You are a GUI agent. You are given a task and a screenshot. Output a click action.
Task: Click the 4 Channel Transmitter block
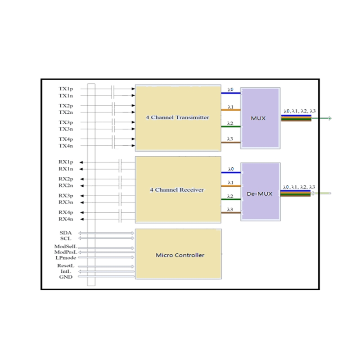[178, 118]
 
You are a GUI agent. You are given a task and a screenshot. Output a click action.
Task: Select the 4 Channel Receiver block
[178, 189]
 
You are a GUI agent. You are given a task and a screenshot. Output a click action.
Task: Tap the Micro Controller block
[178, 255]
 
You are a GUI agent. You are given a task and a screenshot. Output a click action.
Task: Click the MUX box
[260, 118]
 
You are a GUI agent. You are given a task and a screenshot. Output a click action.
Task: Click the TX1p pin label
[65, 89]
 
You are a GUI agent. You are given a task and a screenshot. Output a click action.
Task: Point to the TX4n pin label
[65, 146]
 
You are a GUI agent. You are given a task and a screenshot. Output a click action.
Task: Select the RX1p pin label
[65, 162]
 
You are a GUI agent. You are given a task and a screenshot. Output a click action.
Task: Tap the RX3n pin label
[65, 202]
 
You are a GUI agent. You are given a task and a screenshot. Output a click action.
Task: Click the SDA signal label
[66, 233]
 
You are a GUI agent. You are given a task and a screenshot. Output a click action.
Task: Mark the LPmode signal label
[66, 258]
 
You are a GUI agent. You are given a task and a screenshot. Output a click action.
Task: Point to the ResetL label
[65, 266]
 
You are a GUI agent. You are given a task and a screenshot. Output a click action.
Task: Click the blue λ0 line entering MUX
[231, 93]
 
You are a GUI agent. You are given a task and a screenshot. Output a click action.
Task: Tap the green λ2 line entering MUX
[231, 126]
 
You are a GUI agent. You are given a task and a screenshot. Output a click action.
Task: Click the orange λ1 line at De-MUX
[231, 185]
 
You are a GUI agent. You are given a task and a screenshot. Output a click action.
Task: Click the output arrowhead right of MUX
[329, 118]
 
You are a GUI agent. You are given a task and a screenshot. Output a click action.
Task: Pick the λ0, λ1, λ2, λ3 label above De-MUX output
[299, 187]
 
